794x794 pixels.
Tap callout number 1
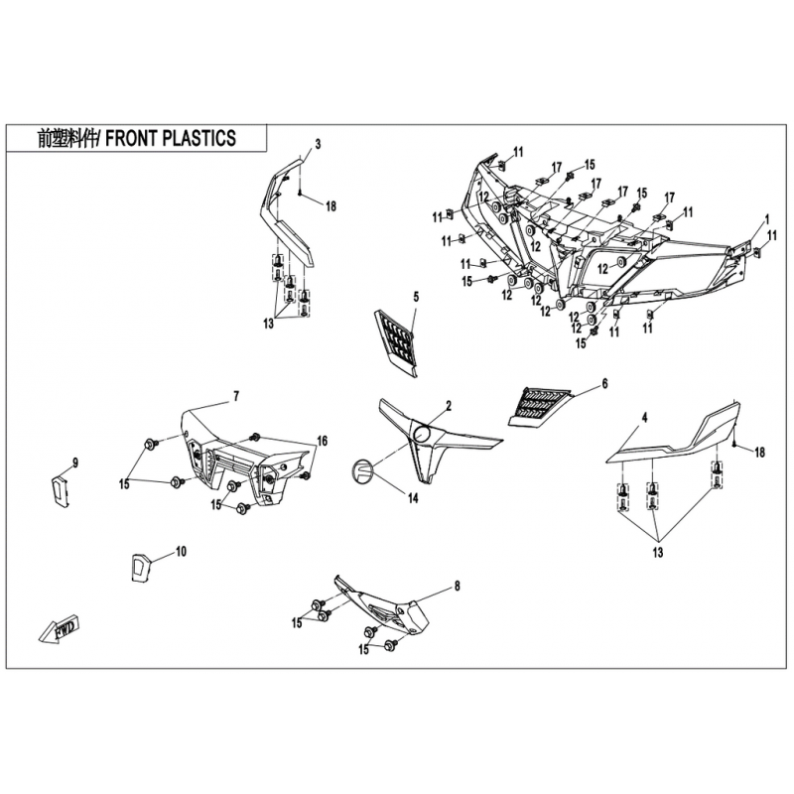766,218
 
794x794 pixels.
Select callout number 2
449,406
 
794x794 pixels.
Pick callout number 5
416,297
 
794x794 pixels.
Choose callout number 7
236,397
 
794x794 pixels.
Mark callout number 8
457,587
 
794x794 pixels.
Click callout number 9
74,462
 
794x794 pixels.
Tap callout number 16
322,440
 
